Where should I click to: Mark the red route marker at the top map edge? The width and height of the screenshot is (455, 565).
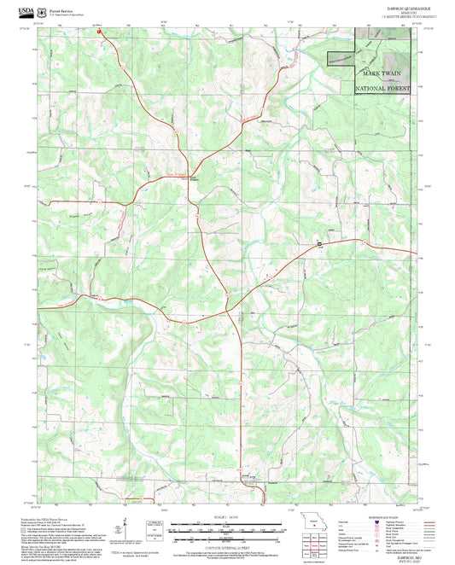tap(101, 34)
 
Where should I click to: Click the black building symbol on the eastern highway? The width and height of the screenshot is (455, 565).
tap(320, 245)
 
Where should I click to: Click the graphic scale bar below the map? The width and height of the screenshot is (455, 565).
tap(227, 528)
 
